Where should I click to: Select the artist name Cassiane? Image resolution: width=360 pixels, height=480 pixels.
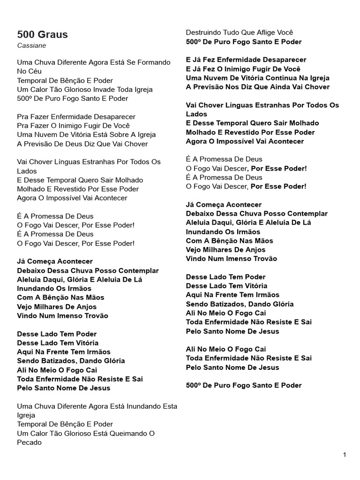tap(32, 45)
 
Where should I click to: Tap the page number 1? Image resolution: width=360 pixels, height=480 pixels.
tap(345, 455)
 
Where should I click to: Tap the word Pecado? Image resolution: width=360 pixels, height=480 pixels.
tap(30, 442)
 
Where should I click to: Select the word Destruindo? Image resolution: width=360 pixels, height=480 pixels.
tap(203, 33)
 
